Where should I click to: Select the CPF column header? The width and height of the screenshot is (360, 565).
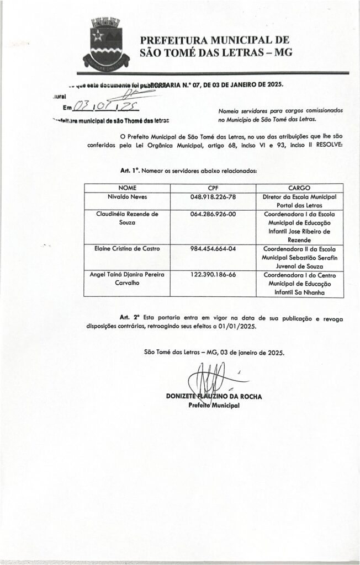pos(213,188)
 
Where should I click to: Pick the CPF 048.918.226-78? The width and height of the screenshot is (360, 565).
pos(213,196)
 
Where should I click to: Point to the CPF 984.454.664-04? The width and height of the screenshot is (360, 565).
pos(213,248)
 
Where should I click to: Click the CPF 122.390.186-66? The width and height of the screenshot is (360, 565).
pos(213,274)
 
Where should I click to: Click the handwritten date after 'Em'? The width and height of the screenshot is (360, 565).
pos(105,106)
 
